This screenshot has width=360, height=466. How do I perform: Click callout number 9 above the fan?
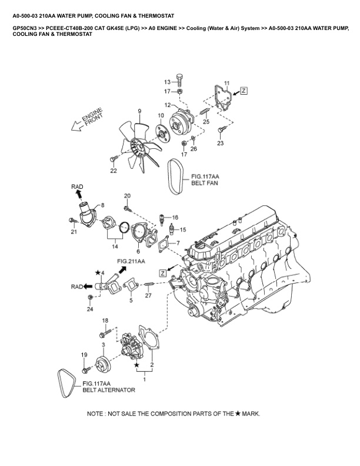(x=140, y=111)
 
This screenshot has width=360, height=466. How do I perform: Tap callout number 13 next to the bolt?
(x=167, y=82)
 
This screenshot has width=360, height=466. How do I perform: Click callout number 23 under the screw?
(x=221, y=143)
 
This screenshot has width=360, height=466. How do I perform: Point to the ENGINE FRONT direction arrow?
(x=86, y=121)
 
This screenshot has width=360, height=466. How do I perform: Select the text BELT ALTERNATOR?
(x=109, y=390)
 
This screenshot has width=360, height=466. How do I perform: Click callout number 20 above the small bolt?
(x=127, y=195)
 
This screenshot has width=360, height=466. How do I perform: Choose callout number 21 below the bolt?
(x=74, y=232)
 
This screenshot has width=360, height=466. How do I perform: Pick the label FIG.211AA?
(x=131, y=260)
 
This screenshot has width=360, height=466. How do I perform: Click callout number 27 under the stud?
(x=148, y=296)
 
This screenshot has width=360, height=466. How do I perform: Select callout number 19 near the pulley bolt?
(x=84, y=354)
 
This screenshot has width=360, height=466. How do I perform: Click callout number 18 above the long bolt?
(x=105, y=320)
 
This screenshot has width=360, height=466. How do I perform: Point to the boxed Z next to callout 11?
(x=244, y=91)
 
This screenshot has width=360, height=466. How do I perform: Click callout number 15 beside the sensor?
(x=182, y=229)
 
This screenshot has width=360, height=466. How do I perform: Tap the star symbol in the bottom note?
(x=238, y=414)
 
